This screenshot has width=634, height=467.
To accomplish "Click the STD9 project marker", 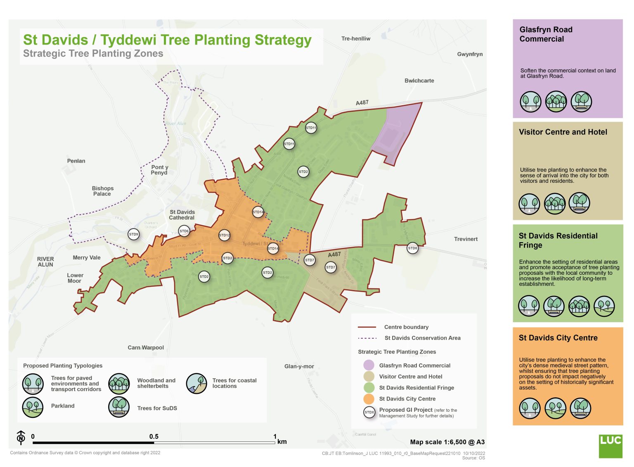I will coord(134,234).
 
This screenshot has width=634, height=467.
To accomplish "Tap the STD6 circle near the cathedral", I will coord(184,231).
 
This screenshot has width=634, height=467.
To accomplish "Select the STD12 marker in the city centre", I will coord(224,235).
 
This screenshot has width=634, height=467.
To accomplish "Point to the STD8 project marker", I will coord(412,248).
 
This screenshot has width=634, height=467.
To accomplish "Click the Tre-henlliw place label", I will coord(355,39).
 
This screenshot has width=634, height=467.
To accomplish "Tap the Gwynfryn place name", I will coord(470,54).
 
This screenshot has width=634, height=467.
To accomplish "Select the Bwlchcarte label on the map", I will coord(419,81).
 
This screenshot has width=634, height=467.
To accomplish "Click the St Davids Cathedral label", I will coord(182,215).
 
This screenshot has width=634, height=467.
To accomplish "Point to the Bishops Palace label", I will coord(102,191).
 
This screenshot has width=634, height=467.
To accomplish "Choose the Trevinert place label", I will coord(466,239).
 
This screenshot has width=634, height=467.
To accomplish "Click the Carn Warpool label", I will coord(146,348).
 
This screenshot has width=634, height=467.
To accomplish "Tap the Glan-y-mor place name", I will coord(299,366).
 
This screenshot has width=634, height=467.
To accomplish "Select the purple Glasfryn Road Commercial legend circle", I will coord(369,365).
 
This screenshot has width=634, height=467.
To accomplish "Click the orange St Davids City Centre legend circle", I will coord(369,399).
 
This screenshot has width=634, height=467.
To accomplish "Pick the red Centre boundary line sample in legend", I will coord(367,327).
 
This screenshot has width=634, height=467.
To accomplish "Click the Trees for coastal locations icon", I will coord(196,384).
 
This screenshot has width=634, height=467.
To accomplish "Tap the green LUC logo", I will coord(610,446).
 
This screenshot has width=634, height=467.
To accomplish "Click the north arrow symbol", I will coord(21,437).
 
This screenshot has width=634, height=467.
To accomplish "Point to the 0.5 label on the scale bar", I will coord(154,436).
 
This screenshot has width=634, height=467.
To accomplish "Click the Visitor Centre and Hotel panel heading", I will coord(563,132).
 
